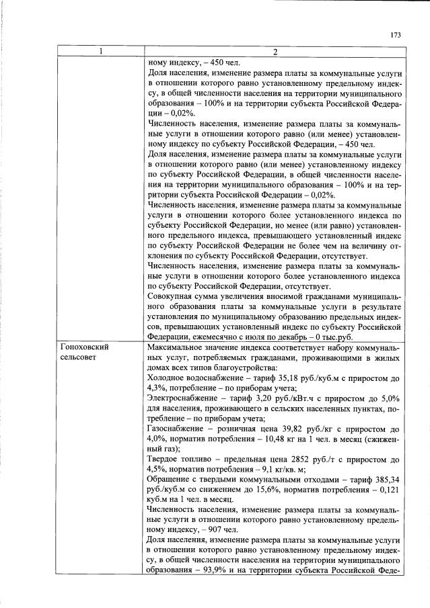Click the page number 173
pos(396,34)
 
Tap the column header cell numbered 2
pos(275,52)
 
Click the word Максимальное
pos(178,347)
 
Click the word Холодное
pos(168,378)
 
